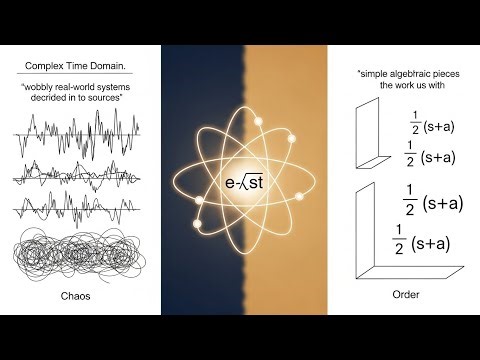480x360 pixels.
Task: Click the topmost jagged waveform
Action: coord(76,132)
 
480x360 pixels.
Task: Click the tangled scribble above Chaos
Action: coord(78,256)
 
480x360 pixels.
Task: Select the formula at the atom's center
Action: coord(240,183)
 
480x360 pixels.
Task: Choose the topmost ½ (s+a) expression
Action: coord(433,127)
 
